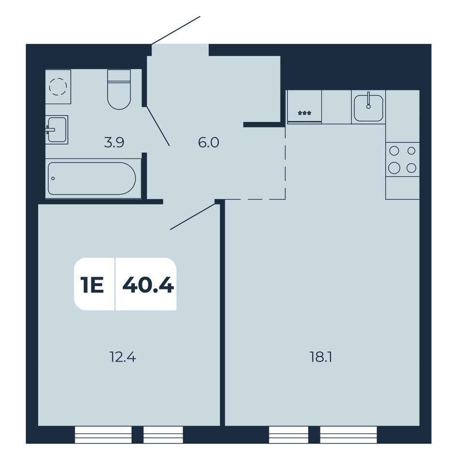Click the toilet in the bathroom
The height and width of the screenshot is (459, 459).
(119, 89)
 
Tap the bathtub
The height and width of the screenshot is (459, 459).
(93, 178)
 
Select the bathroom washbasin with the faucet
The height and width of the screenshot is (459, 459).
(57, 129)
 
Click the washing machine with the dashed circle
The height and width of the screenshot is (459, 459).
(58, 86)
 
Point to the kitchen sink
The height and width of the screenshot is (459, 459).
(369, 107)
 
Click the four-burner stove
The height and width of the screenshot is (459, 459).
(402, 159)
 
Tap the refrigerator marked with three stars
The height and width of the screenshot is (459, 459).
(304, 107)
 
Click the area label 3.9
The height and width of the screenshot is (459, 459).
(114, 143)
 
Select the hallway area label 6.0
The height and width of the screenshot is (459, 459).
(208, 143)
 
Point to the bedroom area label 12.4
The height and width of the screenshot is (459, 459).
(123, 357)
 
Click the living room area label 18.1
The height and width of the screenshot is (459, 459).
(321, 357)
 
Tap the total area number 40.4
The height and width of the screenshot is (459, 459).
(148, 285)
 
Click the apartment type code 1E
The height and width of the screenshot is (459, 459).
(92, 285)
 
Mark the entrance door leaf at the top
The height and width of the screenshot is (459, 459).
(176, 30)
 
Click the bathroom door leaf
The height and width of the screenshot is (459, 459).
(158, 126)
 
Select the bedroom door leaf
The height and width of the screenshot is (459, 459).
(193, 216)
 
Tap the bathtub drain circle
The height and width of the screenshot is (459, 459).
(53, 178)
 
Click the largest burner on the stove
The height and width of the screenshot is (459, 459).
(394, 168)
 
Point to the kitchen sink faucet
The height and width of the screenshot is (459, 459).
(369, 100)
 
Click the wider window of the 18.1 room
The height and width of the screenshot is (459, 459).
(348, 434)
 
